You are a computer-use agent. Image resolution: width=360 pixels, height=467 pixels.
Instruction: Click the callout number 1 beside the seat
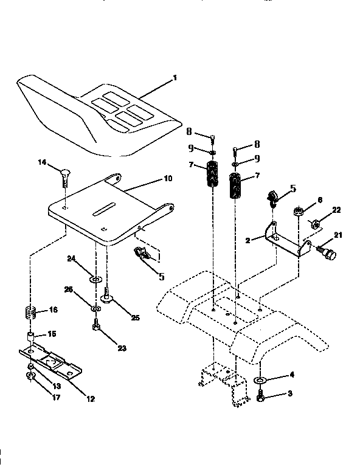(x=175, y=78)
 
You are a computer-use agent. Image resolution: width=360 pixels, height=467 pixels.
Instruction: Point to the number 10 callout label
(x=168, y=179)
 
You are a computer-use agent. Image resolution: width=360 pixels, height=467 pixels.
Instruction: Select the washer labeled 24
(x=95, y=279)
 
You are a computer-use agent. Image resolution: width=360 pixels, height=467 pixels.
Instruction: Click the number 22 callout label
(x=336, y=210)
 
